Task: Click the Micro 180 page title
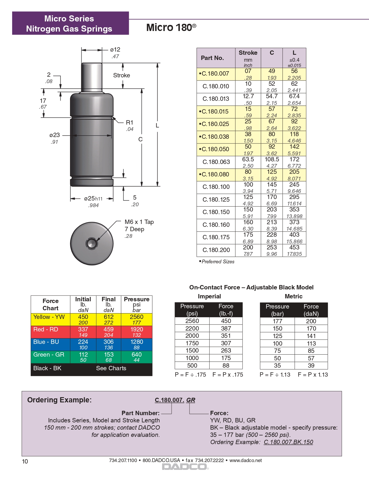[x=171, y=28]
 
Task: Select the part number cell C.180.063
[x=216, y=162]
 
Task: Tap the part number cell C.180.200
[x=216, y=250]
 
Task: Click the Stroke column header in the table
[x=248, y=53]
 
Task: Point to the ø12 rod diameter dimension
[x=115, y=50]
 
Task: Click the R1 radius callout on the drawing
[x=129, y=123]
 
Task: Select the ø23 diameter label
[x=54, y=135]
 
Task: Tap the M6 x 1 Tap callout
[x=139, y=222]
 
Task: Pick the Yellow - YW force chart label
[x=49, y=317]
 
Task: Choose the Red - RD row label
[x=46, y=329]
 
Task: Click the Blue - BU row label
[x=46, y=342]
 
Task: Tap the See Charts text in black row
[x=111, y=368]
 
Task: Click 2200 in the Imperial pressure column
[x=192, y=329]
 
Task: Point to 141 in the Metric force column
[x=311, y=336]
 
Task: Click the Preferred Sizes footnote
[x=218, y=262]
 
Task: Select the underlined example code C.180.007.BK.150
[x=288, y=442]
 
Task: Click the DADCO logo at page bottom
[x=185, y=467]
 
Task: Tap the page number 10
[x=25, y=461]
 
